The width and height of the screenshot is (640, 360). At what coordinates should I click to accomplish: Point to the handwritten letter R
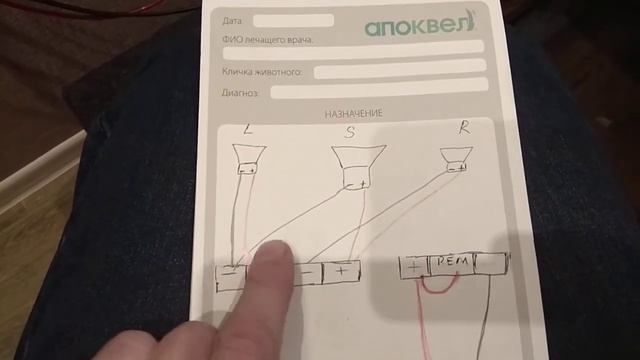(x=463, y=127)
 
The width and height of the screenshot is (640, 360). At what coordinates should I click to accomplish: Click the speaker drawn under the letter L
(x=247, y=160)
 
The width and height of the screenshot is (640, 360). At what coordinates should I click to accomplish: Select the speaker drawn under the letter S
(x=357, y=167)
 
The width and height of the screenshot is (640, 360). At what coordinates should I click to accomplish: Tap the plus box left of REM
(x=412, y=266)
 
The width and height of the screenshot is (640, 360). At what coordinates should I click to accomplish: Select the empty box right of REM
(x=490, y=264)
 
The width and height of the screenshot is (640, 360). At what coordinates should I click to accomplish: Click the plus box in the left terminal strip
(x=342, y=270)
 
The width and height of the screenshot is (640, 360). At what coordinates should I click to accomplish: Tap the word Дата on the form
(x=234, y=20)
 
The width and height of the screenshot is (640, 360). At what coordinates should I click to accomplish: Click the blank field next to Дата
(x=293, y=20)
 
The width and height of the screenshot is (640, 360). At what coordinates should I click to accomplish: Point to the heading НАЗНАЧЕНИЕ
(x=353, y=113)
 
